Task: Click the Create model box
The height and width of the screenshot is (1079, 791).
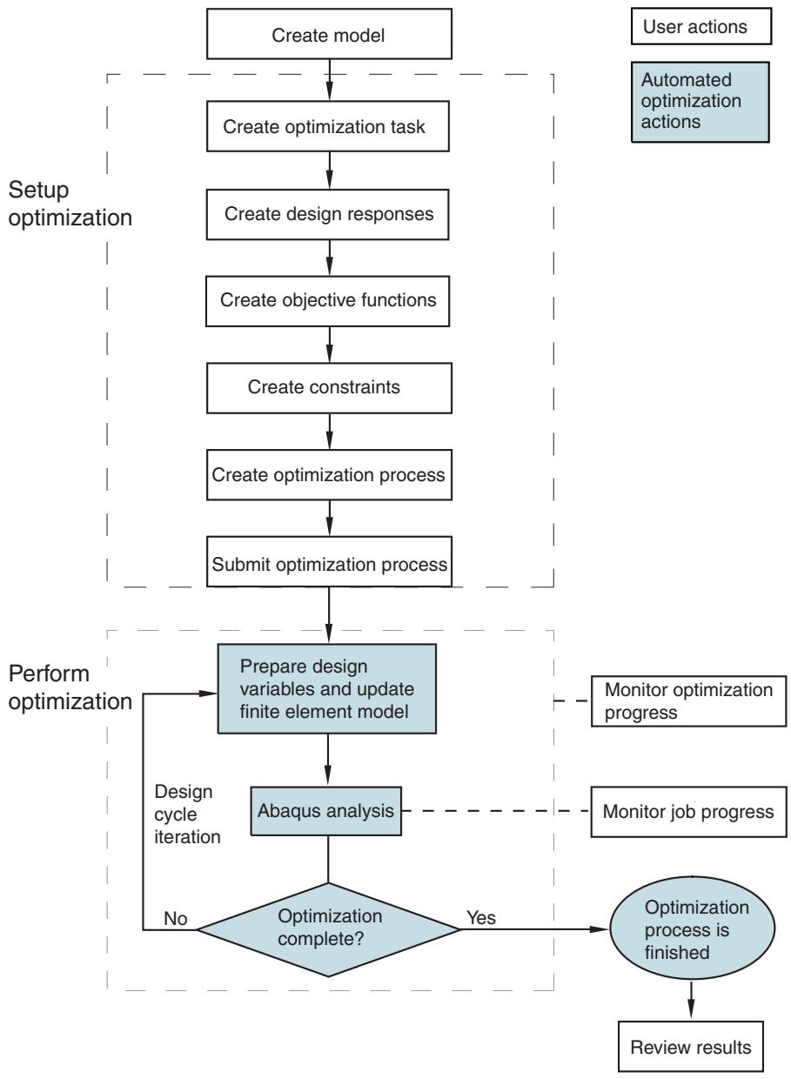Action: [329, 34]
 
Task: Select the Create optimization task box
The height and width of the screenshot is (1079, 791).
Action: [327, 126]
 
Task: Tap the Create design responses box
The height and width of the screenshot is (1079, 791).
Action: [327, 214]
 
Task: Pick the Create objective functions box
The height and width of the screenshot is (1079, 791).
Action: [327, 301]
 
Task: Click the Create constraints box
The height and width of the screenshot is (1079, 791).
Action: [329, 388]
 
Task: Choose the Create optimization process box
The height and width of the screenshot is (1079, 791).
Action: [329, 475]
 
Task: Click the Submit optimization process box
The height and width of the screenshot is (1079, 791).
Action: [329, 561]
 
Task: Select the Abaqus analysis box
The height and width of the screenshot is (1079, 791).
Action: [325, 811]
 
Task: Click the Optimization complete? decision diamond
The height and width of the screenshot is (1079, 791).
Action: [329, 929]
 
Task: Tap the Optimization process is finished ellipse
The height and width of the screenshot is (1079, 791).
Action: [693, 928]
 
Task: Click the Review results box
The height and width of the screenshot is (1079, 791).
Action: [691, 1046]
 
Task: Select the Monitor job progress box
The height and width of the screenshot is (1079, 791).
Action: [688, 812]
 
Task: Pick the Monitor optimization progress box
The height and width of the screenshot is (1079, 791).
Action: [688, 700]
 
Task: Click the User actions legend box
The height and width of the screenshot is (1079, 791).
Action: [701, 26]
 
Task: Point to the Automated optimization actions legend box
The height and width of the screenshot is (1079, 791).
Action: [700, 102]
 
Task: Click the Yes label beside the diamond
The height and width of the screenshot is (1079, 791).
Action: [480, 918]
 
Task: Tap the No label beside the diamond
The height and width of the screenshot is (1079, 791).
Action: [176, 919]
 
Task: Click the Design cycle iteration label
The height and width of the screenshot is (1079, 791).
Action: [187, 814]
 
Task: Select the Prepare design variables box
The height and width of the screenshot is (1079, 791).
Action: [327, 689]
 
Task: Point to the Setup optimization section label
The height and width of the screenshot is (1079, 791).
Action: [70, 204]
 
